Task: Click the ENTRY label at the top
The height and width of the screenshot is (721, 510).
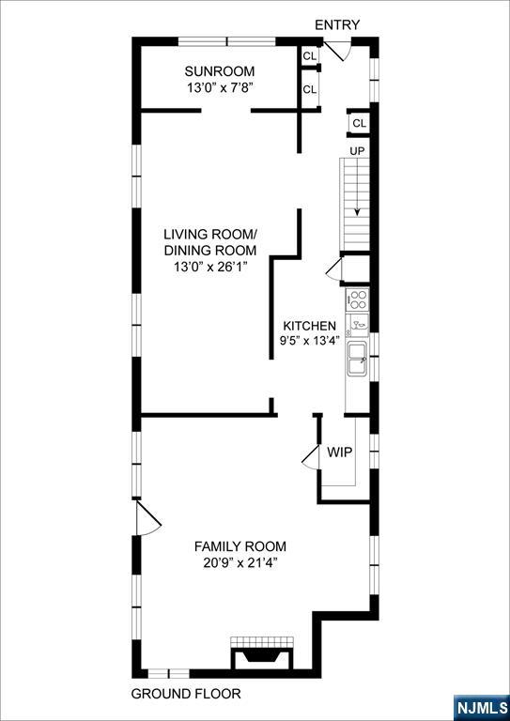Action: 337,24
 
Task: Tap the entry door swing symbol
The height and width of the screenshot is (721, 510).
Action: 338,51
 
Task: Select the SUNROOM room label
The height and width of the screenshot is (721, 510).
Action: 220,71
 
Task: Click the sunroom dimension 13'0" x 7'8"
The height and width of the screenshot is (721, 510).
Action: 220,87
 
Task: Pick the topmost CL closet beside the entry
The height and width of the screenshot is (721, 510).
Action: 310,56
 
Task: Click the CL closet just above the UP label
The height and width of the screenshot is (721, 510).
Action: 359,123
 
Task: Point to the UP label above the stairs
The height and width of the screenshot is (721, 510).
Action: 357,151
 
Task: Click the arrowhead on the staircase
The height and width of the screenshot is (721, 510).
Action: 357,211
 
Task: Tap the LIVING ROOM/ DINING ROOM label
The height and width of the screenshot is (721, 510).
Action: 209,242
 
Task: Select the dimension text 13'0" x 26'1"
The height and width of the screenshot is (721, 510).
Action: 209,267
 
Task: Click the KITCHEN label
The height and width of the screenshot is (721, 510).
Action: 309,326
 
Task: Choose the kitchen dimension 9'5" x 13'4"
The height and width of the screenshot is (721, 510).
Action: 309,342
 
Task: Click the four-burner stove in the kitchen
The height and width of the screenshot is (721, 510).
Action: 357,299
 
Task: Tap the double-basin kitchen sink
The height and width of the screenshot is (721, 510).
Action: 357,360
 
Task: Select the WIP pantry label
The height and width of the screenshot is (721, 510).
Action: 340,452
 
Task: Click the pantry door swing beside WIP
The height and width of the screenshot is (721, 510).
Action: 311,457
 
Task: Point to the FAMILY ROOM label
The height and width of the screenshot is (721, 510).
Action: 240,546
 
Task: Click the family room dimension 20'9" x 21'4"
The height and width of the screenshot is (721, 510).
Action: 240,562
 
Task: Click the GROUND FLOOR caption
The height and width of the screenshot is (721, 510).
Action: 186,694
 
